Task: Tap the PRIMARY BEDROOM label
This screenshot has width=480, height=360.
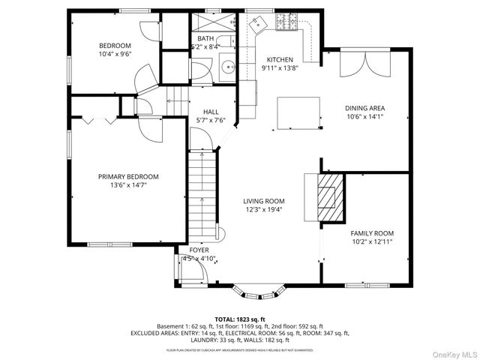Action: pyautogui.click(x=128, y=177)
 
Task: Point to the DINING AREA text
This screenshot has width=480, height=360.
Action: pyautogui.click(x=364, y=108)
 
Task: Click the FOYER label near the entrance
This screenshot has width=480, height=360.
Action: pyautogui.click(x=199, y=250)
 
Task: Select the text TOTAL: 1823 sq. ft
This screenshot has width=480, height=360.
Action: pyautogui.click(x=240, y=319)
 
